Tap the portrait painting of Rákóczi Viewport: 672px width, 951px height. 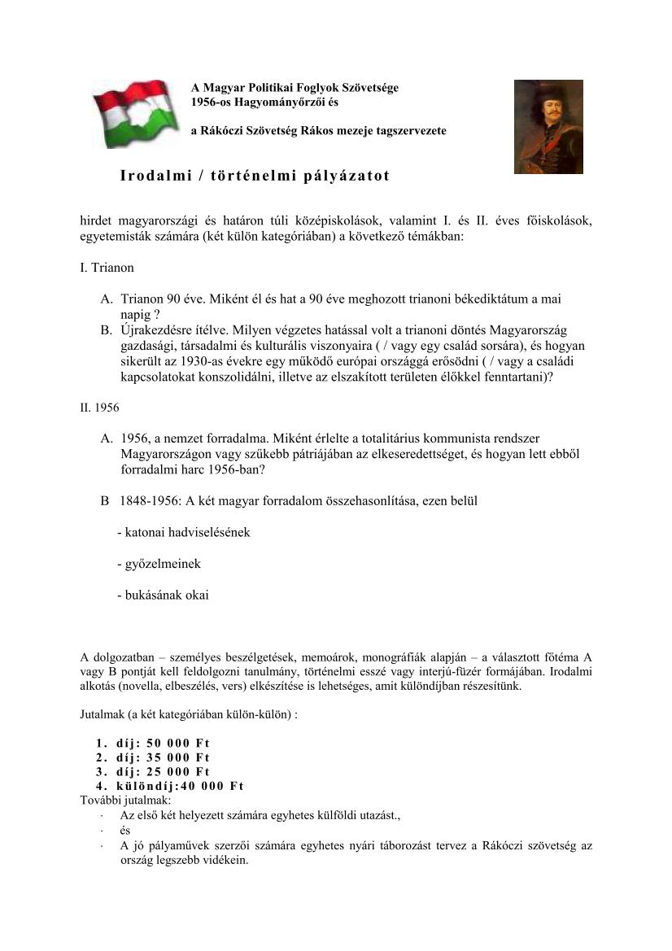coord(548,126)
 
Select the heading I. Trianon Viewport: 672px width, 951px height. coord(107,267)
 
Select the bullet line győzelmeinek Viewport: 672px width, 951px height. coord(159,563)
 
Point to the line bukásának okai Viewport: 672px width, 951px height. coord(163,595)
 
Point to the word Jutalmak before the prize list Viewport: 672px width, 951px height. coord(103,713)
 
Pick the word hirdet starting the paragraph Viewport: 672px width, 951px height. coord(97,220)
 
